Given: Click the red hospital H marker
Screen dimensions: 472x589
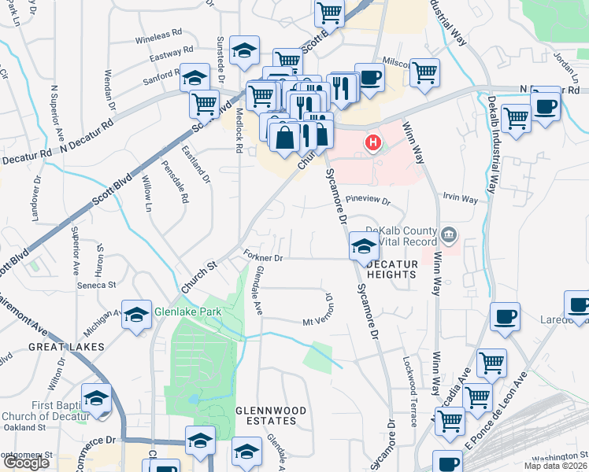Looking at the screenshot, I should (x=373, y=143).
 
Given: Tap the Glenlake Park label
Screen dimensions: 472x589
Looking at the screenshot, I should (x=188, y=312).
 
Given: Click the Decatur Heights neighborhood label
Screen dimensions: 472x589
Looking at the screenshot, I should (x=383, y=267).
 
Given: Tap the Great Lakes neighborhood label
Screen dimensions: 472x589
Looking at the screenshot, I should (x=66, y=346).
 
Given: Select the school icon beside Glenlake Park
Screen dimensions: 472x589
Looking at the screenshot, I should (x=136, y=314).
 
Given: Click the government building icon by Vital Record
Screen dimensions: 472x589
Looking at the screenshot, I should (x=450, y=233).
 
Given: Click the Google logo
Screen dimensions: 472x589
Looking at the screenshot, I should (x=26, y=463).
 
